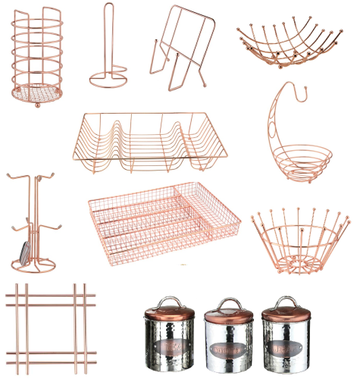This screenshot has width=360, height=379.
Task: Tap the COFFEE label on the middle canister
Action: click(229, 351)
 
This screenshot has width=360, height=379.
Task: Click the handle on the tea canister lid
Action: click(168, 299)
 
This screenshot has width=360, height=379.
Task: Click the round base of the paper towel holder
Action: click(108, 78)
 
